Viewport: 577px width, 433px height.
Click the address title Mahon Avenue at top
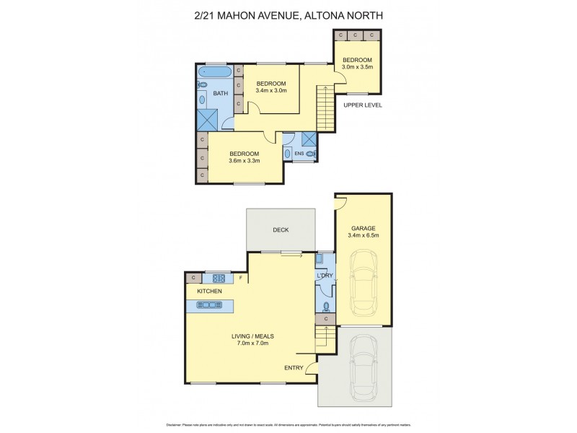pyautogui.click(x=288, y=14)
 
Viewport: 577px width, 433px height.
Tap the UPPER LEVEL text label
pyautogui.click(x=362, y=105)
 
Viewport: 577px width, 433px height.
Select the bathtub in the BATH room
pyautogui.click(x=215, y=72)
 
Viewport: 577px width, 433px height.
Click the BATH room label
pyautogui.click(x=220, y=93)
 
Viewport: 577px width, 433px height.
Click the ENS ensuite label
pyautogui.click(x=299, y=154)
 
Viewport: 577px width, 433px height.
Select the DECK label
pyautogui.click(x=281, y=230)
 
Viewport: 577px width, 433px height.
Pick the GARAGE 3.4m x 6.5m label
pyautogui.click(x=364, y=232)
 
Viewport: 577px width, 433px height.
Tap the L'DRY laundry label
pyautogui.click(x=325, y=276)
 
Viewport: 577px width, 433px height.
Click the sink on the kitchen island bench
pyautogui.click(x=209, y=305)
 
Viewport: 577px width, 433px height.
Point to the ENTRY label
pyautogui.click(x=294, y=367)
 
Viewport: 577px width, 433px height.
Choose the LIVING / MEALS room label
pyautogui.click(x=252, y=339)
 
